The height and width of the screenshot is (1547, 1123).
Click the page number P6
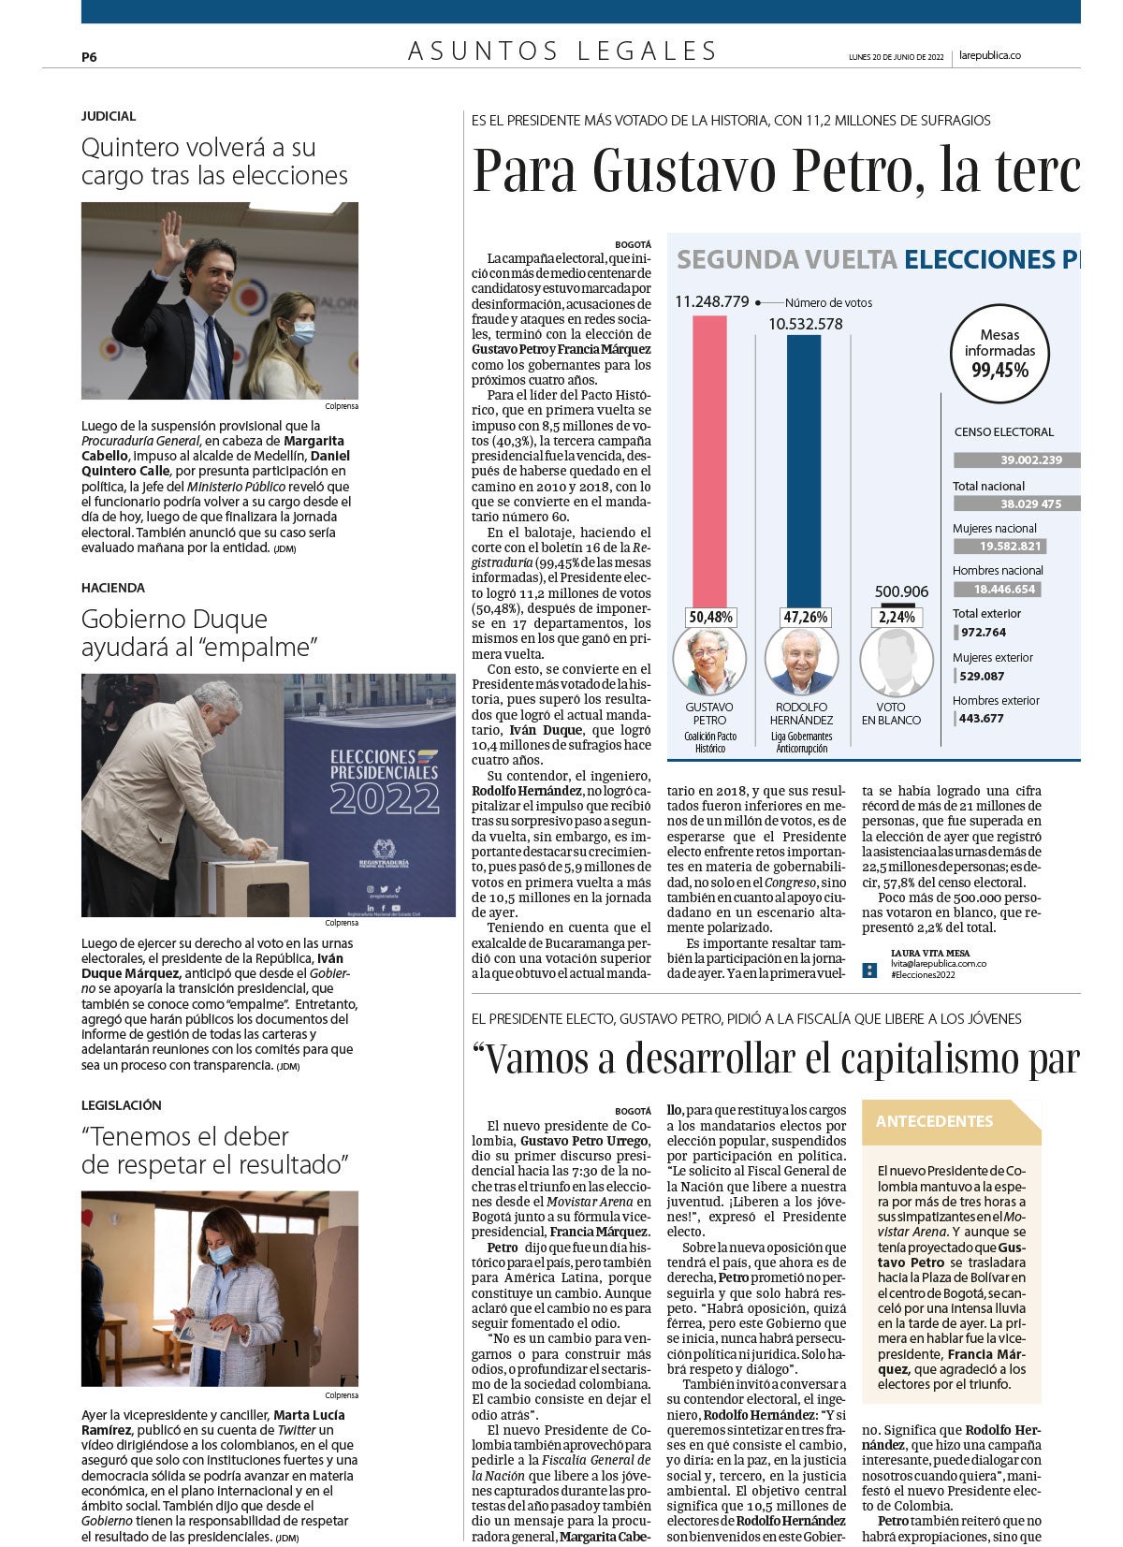[x=89, y=57]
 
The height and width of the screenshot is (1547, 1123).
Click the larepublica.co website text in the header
[x=989, y=56]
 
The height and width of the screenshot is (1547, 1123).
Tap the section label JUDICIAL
[x=109, y=116]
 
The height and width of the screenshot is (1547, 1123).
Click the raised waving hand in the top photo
[x=173, y=231]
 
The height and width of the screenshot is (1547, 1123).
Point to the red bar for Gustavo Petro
[x=709, y=460]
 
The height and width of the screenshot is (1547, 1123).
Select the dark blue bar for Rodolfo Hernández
[x=804, y=471]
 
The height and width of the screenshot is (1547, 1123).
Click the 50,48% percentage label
[x=710, y=618]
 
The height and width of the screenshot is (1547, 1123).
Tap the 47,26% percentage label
[x=805, y=618]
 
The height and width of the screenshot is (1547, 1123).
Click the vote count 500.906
[x=901, y=591]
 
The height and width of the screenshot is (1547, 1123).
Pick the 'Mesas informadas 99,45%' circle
[x=999, y=353]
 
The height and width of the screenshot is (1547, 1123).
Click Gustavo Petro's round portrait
[x=709, y=661]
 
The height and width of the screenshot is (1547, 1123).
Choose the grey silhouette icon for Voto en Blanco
[x=897, y=661]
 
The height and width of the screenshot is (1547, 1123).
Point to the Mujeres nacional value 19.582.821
[x=999, y=547]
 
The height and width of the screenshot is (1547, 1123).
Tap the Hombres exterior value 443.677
[x=981, y=719]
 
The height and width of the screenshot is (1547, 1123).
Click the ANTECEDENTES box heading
[x=934, y=1121]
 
